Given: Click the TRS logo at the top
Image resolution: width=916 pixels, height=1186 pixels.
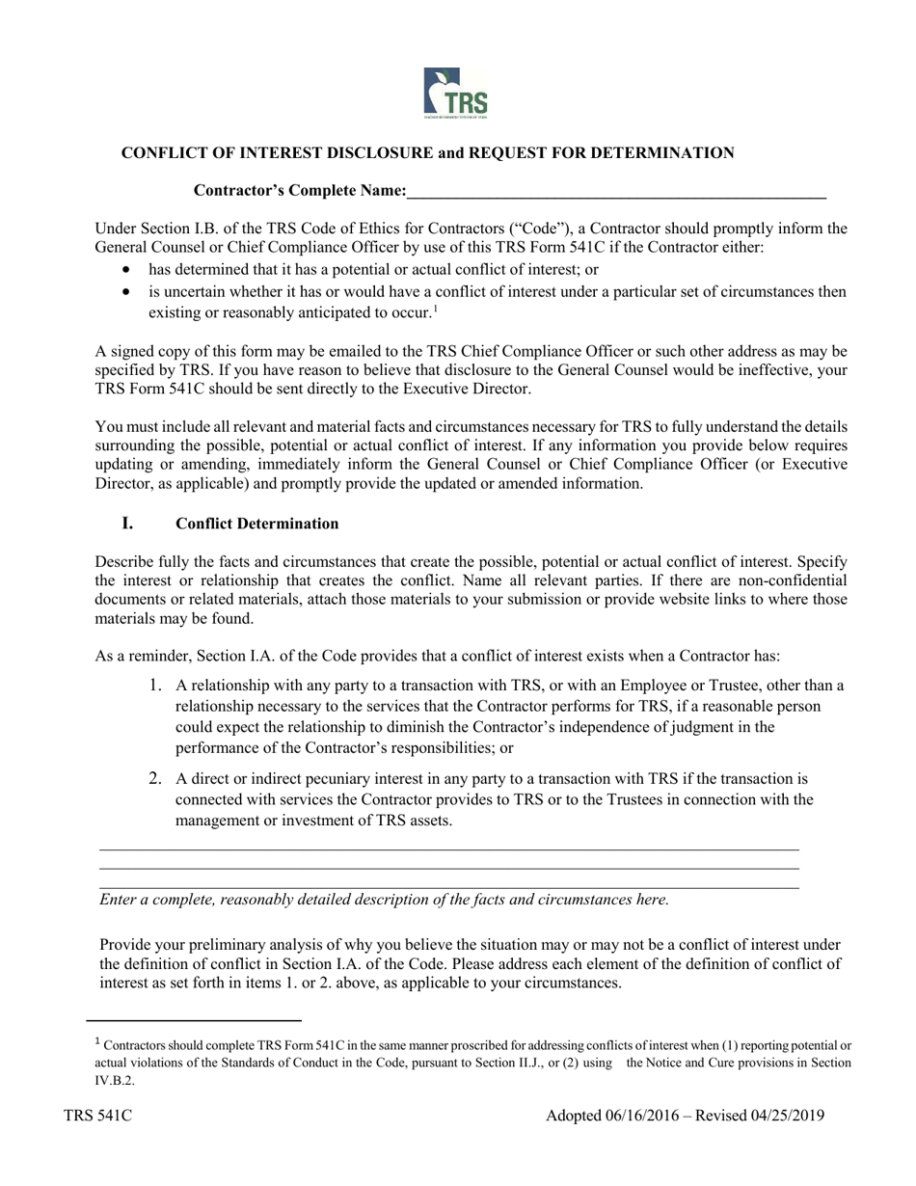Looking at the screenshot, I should [456, 94].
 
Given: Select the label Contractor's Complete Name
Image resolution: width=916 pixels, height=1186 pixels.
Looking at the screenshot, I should [300, 191].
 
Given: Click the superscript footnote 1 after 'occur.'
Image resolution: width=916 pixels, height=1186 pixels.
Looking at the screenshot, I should [436, 309].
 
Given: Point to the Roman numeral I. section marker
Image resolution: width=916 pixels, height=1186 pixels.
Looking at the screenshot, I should [127, 524].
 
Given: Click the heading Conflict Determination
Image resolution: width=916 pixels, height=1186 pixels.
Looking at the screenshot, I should [256, 524].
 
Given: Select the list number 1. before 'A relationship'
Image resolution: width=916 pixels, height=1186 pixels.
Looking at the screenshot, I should [155, 686].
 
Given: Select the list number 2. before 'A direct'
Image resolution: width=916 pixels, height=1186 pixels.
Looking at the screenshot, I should [155, 778].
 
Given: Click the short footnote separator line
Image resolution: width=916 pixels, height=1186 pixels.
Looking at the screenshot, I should [194, 1019].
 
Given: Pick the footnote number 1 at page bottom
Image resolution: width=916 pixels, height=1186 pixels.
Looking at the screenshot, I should [97, 1041].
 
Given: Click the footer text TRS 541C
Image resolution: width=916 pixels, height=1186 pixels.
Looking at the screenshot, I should [97, 1117].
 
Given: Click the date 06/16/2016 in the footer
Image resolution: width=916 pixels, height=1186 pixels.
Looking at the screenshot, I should [644, 1117].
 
